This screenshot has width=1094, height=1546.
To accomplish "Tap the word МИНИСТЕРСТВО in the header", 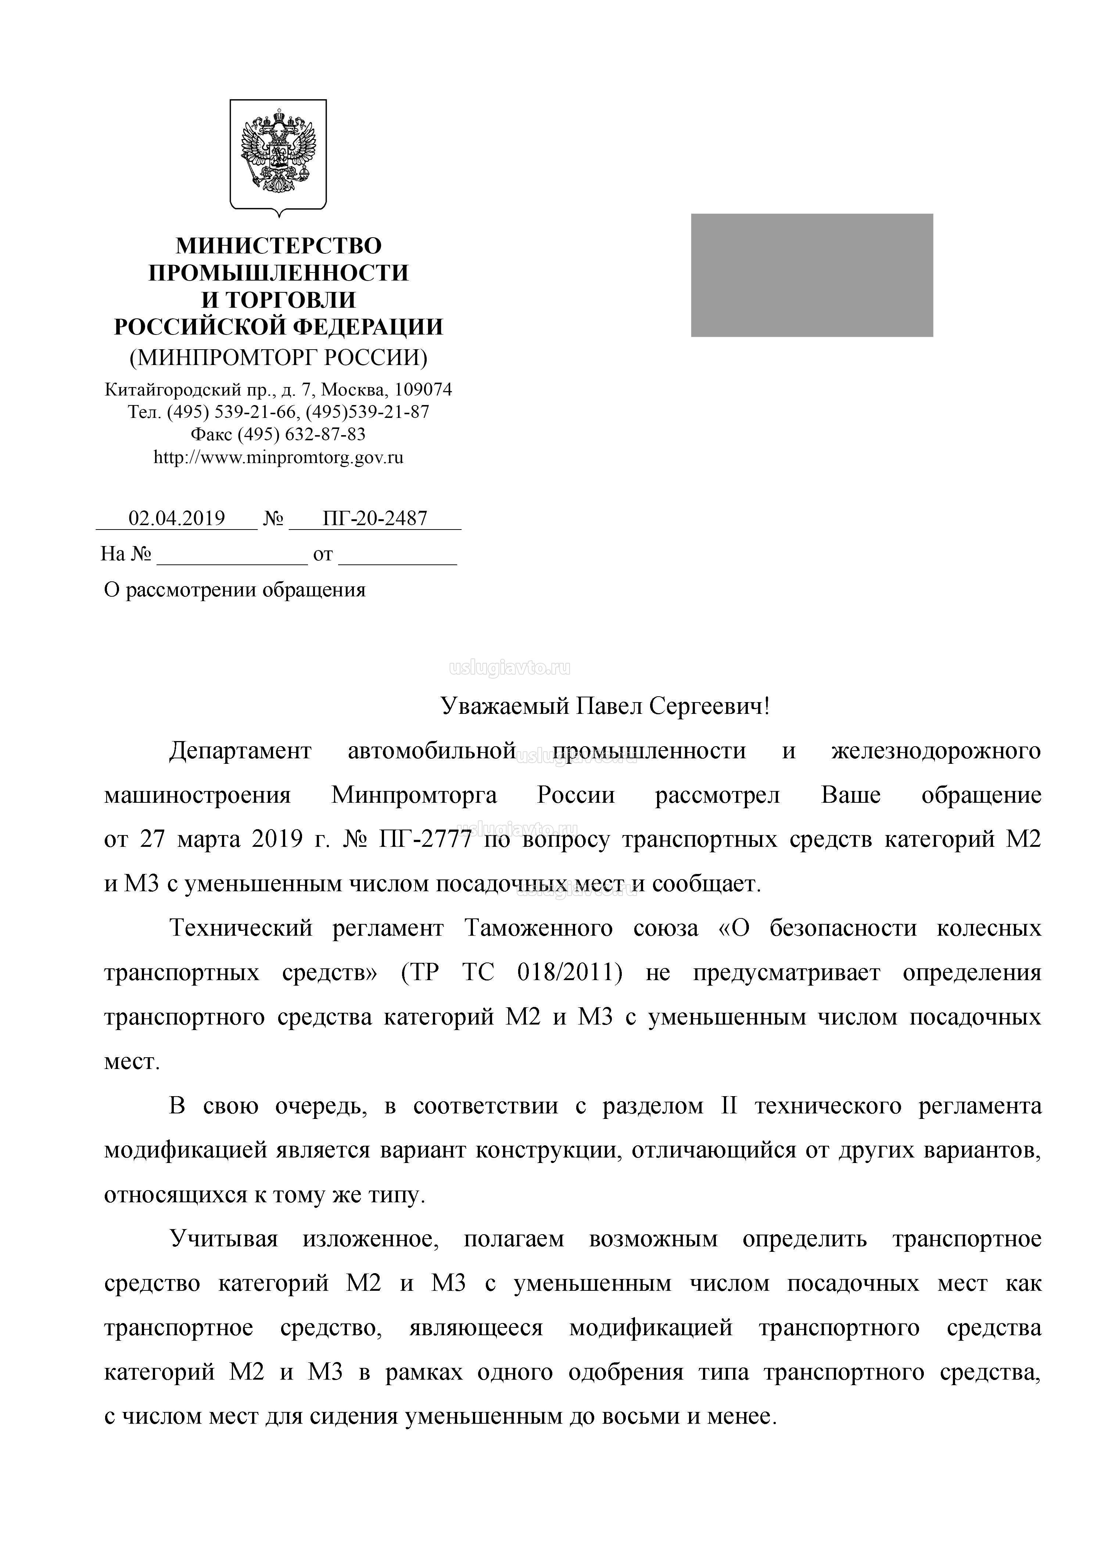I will pyautogui.click(x=278, y=246).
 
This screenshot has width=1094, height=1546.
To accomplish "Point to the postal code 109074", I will pyautogui.click(x=423, y=390).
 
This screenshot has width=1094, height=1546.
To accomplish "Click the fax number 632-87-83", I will pyautogui.click(x=325, y=434).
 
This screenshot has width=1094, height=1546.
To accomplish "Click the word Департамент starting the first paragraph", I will pyautogui.click(x=240, y=751).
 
